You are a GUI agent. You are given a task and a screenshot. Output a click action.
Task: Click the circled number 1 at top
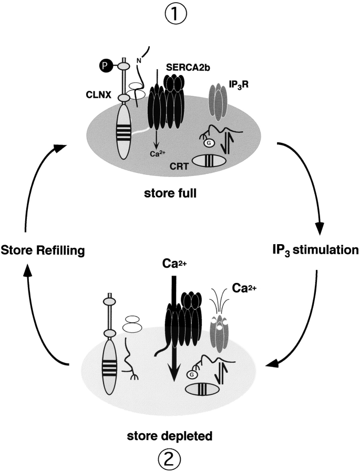pyautogui.click(x=180, y=14)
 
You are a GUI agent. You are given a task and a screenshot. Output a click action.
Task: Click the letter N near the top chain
pyautogui.click(x=139, y=60)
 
